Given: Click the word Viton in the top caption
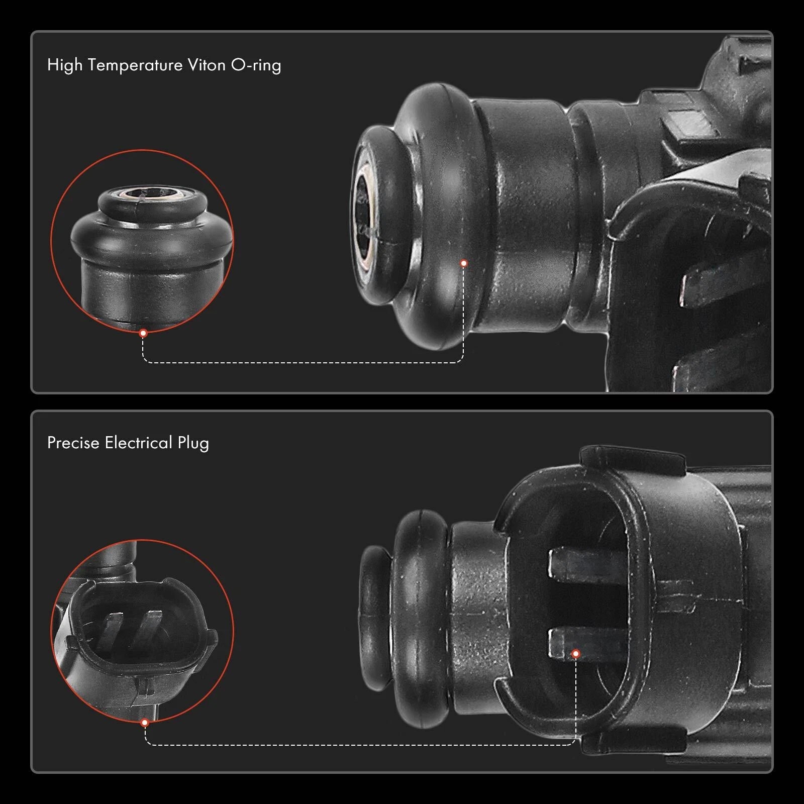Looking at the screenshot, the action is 207,65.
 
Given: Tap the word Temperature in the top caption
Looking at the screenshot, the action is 135,65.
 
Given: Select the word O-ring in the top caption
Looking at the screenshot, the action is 256,66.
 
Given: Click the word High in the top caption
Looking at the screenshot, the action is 65,65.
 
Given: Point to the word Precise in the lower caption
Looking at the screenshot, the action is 73,443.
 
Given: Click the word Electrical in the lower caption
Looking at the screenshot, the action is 139,443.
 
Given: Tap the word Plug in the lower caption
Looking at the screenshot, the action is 193,444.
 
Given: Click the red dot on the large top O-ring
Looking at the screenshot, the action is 464,263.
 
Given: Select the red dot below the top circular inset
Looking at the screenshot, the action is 143,333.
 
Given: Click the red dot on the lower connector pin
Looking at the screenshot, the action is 576,654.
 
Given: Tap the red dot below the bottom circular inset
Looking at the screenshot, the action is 145,723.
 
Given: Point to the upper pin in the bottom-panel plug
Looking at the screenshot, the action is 588,563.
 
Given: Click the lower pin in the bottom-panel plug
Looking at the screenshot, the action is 588,644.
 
